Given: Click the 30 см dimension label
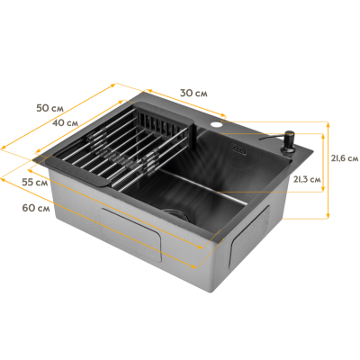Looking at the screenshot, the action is [x=193, y=93].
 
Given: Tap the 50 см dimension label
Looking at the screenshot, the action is [x=49, y=108].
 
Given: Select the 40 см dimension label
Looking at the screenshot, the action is [x=65, y=122].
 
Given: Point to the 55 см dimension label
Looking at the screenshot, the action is [x=35, y=182].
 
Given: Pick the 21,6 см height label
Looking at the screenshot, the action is [x=345, y=158].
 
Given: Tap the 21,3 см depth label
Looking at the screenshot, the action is [x=307, y=179].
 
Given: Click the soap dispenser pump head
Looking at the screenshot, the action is [x=289, y=137].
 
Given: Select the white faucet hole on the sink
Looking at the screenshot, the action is [x=215, y=124].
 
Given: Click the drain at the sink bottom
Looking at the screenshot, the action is [x=175, y=214].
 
